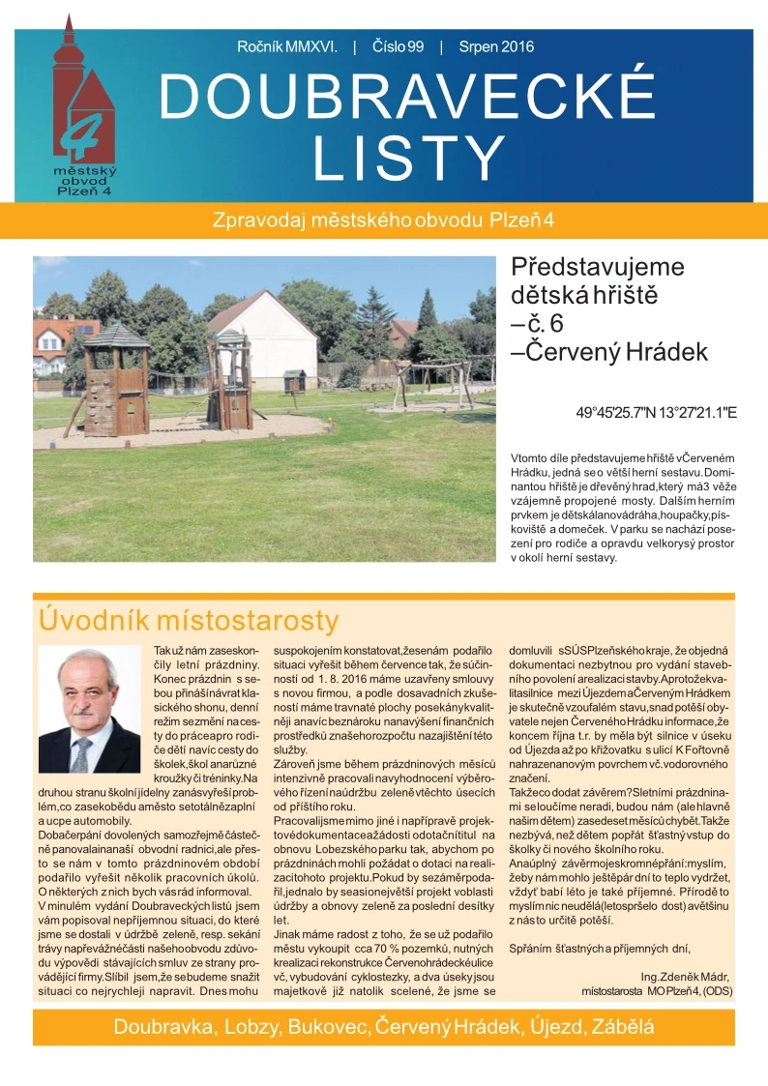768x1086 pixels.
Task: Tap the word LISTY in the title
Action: coord(406,157)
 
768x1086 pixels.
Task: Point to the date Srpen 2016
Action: coord(496,46)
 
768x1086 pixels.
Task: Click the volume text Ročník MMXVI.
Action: coord(286,46)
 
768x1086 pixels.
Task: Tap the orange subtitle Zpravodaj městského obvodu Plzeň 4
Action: coord(383,220)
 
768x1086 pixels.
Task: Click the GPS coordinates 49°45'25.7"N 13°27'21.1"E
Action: coord(657,412)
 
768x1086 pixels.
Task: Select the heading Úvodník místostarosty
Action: coord(188,620)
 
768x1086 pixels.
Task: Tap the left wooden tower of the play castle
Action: coord(116,377)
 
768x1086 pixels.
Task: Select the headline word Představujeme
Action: coord(597,267)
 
